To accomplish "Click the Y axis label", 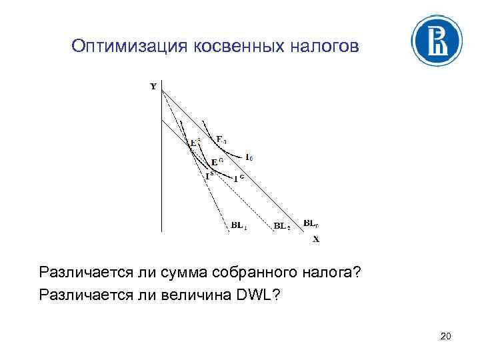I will [153, 86].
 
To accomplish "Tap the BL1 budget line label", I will [240, 225].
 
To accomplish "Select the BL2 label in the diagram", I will [282, 225].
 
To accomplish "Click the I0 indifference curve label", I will [249, 158].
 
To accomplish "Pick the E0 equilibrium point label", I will [221, 139].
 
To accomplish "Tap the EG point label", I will [216, 162].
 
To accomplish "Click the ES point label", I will [195, 142].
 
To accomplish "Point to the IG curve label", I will [239, 178].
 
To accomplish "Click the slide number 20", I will [446, 337].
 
